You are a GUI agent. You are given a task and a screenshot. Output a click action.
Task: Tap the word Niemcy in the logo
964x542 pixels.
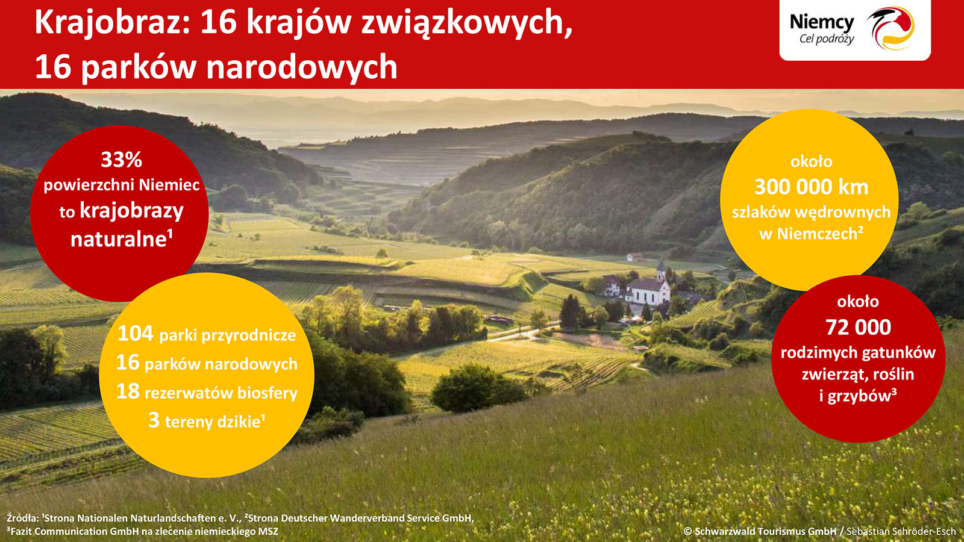click(x=822, y=22)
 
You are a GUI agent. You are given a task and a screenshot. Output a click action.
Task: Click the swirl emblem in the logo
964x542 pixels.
click(x=890, y=28)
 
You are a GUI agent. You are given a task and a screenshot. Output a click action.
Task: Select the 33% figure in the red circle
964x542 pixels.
click(x=121, y=160)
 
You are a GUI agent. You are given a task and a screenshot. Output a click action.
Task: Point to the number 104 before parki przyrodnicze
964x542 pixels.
click(x=135, y=334)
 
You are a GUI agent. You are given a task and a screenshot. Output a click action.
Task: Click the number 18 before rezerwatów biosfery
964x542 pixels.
click(x=128, y=391)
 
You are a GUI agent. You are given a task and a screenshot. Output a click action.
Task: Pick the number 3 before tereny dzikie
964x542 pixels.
click(x=154, y=420)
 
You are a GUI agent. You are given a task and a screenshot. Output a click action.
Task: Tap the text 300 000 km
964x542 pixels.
click(x=811, y=187)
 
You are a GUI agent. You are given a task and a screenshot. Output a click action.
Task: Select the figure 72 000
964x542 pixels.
click(x=858, y=328)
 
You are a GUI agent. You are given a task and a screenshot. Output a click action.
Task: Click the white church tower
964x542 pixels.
click(x=661, y=271)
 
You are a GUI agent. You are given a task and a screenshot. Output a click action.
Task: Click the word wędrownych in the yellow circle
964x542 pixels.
click(x=843, y=213)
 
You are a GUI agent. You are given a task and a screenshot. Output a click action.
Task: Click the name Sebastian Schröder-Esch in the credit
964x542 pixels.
click(x=901, y=531)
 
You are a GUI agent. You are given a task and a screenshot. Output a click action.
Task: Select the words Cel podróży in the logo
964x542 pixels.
click(x=827, y=39)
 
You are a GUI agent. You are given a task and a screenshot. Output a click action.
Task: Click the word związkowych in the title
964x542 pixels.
click(x=467, y=23)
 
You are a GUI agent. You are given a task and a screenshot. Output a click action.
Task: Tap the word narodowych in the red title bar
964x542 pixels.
click(x=302, y=67)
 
